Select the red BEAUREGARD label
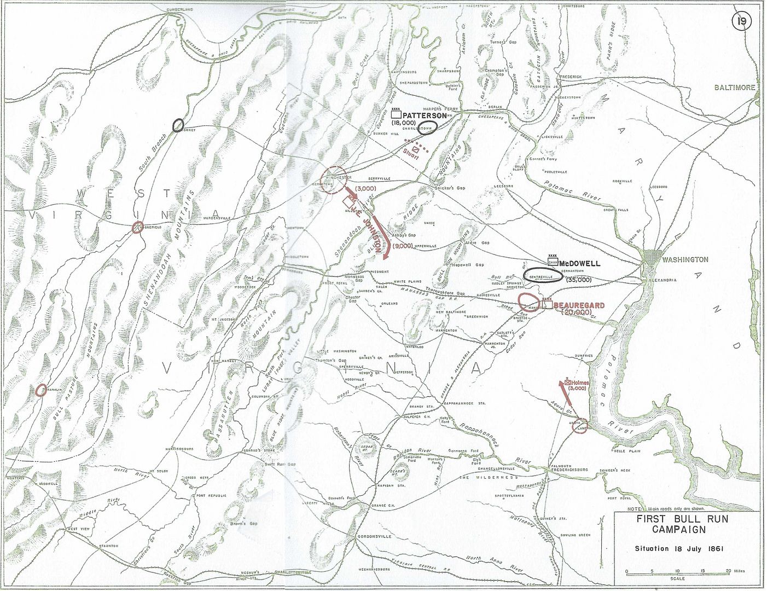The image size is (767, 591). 578,305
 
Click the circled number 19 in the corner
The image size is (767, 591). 742,21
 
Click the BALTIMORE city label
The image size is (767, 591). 734,88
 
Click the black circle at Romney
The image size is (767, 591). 178,125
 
